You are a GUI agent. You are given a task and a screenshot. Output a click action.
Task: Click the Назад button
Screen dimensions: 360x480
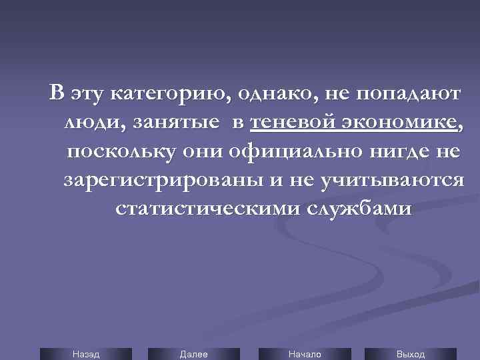tap(86, 354)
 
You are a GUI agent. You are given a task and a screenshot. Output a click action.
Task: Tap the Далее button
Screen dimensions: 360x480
tap(193, 354)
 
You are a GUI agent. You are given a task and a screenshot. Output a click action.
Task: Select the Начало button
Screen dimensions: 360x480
tap(305, 354)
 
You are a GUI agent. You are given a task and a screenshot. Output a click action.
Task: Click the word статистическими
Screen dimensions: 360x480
tap(207, 209)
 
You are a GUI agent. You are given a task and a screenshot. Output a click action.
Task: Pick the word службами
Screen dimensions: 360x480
tap(360, 209)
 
